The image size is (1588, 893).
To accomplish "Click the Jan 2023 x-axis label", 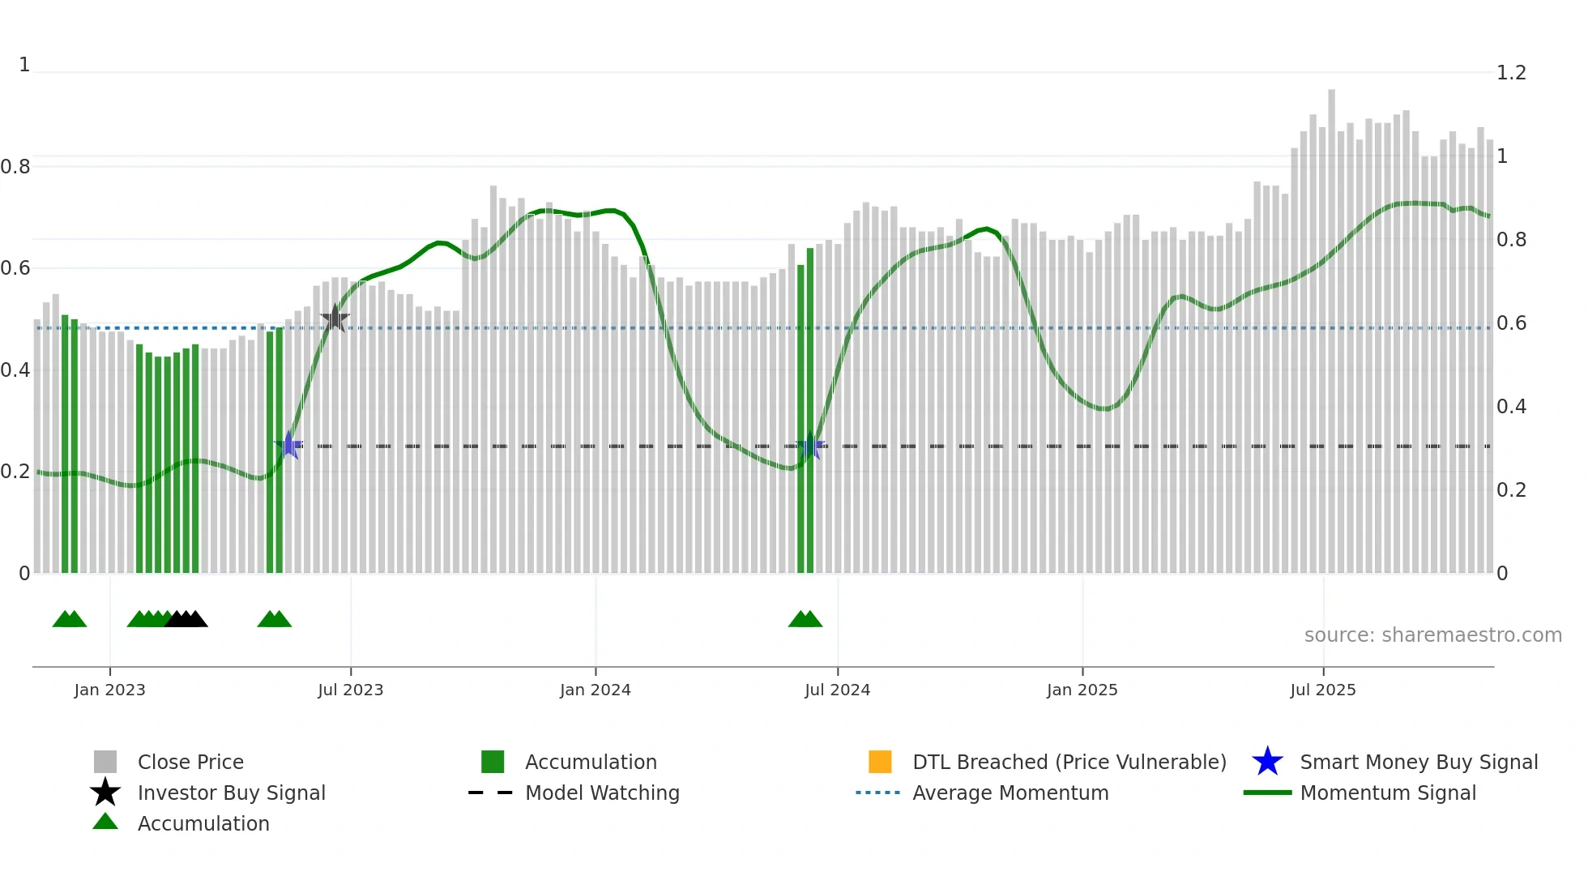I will pyautogui.click(x=109, y=690).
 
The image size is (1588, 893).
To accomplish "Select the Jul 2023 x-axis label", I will pyautogui.click(x=350, y=690).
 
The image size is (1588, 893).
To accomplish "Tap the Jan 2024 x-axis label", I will pyautogui.click(x=595, y=690).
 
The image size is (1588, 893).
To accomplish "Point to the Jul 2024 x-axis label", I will pyautogui.click(x=837, y=690).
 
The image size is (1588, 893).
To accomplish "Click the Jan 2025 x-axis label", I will pyautogui.click(x=1082, y=690).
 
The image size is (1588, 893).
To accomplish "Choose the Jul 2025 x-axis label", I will pyautogui.click(x=1322, y=690).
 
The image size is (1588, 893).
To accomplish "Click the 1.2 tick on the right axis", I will pyautogui.click(x=1511, y=73).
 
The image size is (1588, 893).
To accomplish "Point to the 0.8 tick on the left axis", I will pyautogui.click(x=15, y=167).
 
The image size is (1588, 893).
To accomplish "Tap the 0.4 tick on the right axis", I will pyautogui.click(x=1511, y=407).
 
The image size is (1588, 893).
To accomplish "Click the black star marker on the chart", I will pyautogui.click(x=335, y=318).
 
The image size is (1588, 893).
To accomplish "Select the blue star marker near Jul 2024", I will pyautogui.click(x=810, y=446).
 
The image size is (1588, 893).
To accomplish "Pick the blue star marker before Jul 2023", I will pyautogui.click(x=288, y=446).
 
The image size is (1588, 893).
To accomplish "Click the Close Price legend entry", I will pyautogui.click(x=190, y=762).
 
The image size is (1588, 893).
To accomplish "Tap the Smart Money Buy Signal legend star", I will pyautogui.click(x=1267, y=762).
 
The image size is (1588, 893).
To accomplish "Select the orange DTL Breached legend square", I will pyautogui.click(x=880, y=762).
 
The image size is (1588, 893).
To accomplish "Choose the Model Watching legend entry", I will pyautogui.click(x=601, y=793).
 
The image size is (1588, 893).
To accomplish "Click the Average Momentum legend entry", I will pyautogui.click(x=1010, y=793).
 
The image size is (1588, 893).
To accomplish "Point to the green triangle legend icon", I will pyautogui.click(x=105, y=822).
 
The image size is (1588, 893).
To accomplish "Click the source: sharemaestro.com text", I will pyautogui.click(x=1432, y=635).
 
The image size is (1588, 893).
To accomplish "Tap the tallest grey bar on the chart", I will pyautogui.click(x=1331, y=324).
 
